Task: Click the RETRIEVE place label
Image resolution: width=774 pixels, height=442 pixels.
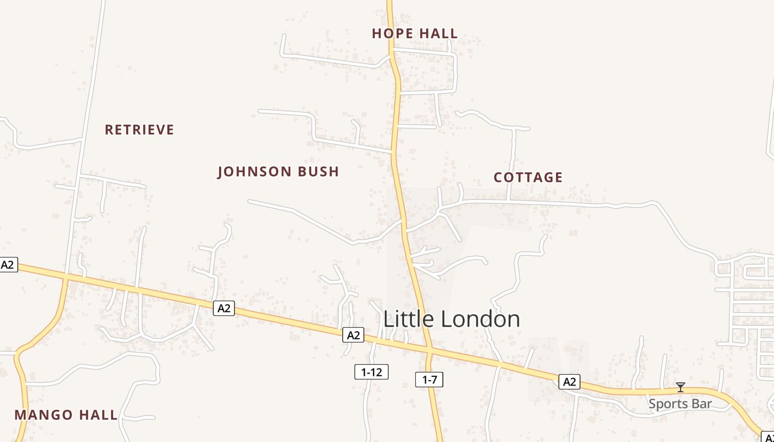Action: tap(139, 130)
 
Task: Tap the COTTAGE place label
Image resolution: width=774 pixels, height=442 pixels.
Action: tap(528, 177)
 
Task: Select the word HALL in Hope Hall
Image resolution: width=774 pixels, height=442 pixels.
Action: tap(437, 34)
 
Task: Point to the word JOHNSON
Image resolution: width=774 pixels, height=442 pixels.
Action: tap(255, 172)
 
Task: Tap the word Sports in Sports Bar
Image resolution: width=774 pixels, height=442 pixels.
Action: tap(667, 404)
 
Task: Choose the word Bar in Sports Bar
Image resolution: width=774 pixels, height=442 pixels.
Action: tap(702, 404)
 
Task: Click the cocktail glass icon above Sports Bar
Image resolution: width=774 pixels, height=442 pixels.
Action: tap(681, 387)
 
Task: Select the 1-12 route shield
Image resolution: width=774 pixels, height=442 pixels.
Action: tap(372, 372)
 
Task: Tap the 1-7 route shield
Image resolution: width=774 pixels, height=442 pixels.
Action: tap(430, 380)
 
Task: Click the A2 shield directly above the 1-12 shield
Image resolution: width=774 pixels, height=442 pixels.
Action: tap(353, 335)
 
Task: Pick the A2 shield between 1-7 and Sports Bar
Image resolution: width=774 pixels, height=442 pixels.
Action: tap(569, 382)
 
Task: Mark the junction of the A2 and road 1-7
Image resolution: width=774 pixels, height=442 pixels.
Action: tap(429, 350)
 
